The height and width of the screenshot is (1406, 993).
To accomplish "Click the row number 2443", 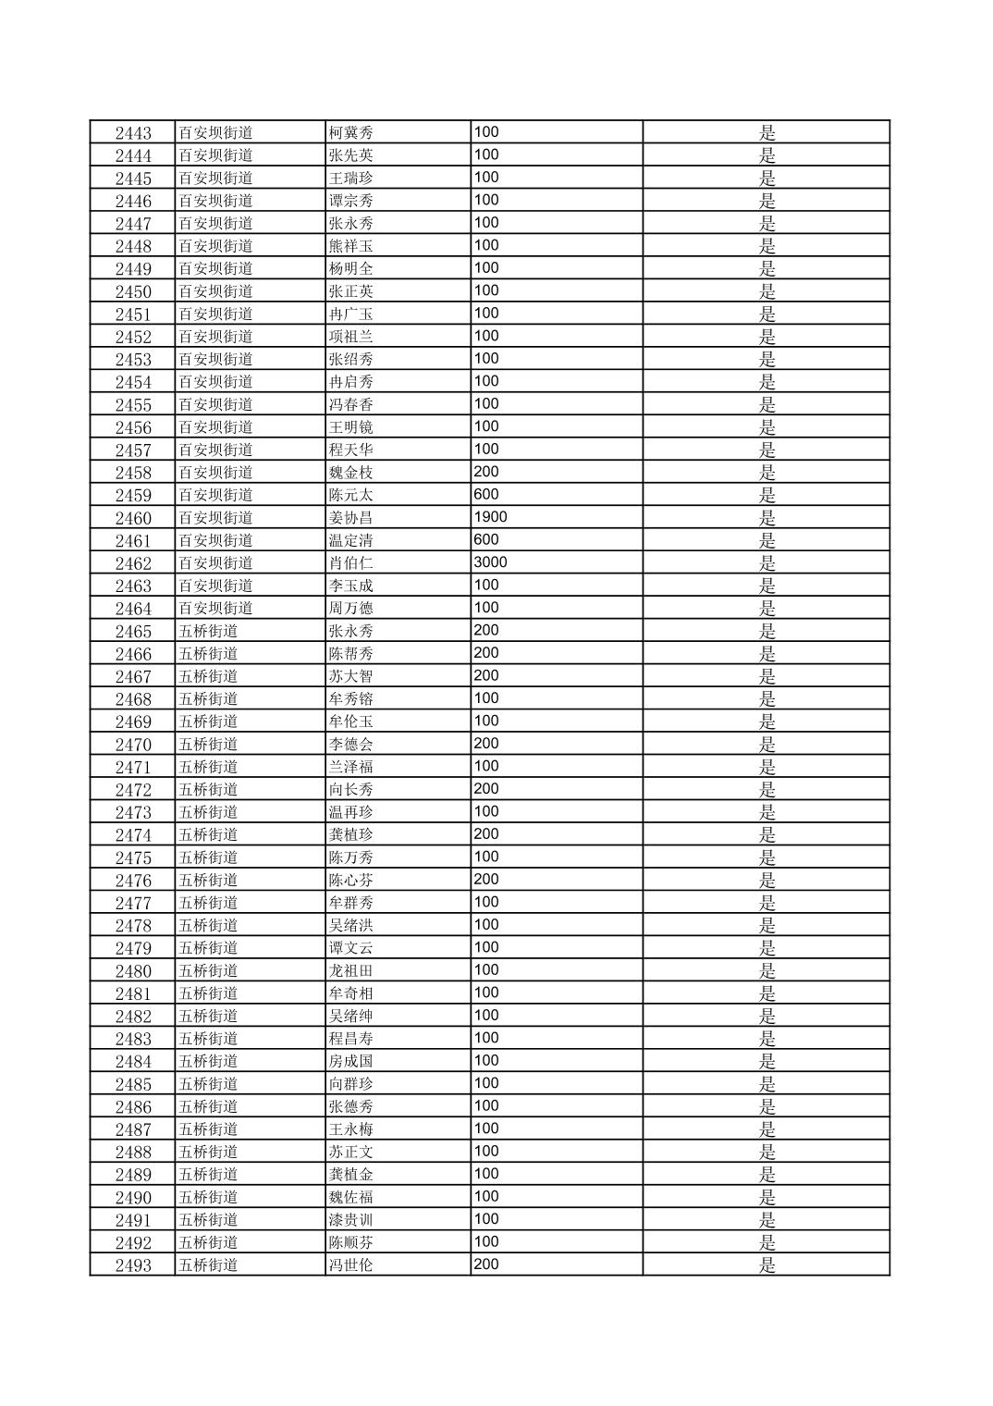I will [x=133, y=133].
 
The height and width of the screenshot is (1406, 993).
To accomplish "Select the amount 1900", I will [x=490, y=517].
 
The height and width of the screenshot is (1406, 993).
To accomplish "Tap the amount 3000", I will [x=490, y=562].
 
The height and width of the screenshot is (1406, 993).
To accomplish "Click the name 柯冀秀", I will [x=351, y=133].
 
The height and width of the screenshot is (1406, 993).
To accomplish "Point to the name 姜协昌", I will [x=351, y=518].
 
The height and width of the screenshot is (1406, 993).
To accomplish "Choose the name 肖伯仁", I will [x=351, y=563].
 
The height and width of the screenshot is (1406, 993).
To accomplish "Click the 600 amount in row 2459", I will [x=486, y=495].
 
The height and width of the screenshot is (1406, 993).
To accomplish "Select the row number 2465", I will [x=133, y=632].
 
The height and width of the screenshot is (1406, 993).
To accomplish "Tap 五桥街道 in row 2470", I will [x=208, y=745].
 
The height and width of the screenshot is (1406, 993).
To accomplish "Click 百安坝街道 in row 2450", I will [x=215, y=291].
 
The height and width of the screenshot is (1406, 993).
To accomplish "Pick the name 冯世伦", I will [x=351, y=1265].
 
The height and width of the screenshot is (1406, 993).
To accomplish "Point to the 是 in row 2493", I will [x=767, y=1265].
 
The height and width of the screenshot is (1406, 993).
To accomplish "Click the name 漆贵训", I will [x=351, y=1220].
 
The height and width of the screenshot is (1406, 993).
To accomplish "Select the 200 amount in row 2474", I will [x=486, y=834].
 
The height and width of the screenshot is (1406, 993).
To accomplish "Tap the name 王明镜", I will [x=351, y=427].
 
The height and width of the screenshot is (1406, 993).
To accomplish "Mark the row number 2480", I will [x=133, y=971].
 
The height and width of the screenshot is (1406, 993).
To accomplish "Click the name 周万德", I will [x=351, y=609].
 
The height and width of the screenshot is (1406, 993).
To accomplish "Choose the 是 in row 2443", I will [x=767, y=133].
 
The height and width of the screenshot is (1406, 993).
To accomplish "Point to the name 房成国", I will [x=351, y=1062].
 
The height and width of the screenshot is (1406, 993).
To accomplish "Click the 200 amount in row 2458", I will [x=486, y=472].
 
